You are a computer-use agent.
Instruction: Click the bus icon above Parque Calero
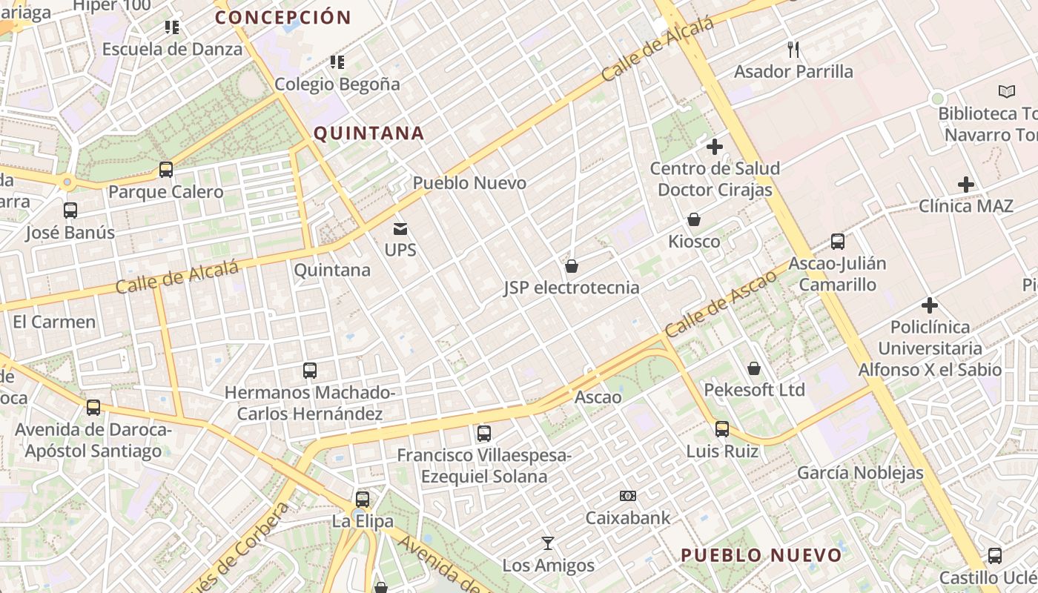166,170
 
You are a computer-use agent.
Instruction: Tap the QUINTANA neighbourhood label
368,133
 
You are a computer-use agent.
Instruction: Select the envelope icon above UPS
400,228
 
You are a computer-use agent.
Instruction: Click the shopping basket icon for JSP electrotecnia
572,266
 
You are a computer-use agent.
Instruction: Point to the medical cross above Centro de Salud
715,147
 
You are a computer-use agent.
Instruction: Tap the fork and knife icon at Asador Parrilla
793,50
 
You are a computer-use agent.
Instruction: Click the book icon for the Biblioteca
1006,92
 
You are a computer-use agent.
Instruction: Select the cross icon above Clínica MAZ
966,184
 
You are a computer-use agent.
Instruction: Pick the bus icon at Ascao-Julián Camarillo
838,242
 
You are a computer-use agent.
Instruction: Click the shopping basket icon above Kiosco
694,219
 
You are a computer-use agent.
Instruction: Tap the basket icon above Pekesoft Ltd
754,368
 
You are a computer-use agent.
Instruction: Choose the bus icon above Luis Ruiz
722,429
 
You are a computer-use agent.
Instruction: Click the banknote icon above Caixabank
628,496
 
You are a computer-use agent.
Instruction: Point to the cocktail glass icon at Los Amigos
548,543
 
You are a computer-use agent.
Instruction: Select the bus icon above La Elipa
363,500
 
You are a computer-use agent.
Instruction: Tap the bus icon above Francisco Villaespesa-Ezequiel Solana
484,434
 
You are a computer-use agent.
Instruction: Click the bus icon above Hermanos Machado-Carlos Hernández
310,371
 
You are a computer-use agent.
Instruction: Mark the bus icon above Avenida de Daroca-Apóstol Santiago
93,408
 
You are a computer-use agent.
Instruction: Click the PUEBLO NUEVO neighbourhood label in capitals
761,555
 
